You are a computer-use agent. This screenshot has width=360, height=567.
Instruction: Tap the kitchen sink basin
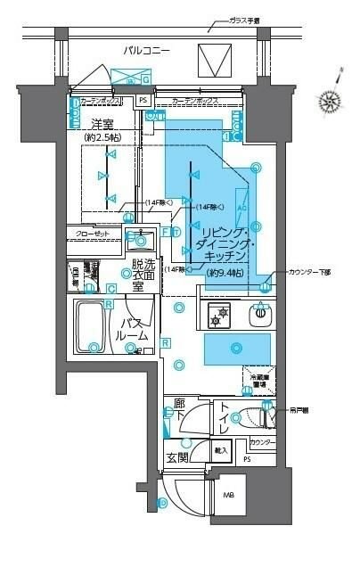coord(259,314)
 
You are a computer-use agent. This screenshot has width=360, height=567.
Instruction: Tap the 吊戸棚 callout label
coord(302,411)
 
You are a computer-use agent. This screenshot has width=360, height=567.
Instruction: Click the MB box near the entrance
coord(227,495)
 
